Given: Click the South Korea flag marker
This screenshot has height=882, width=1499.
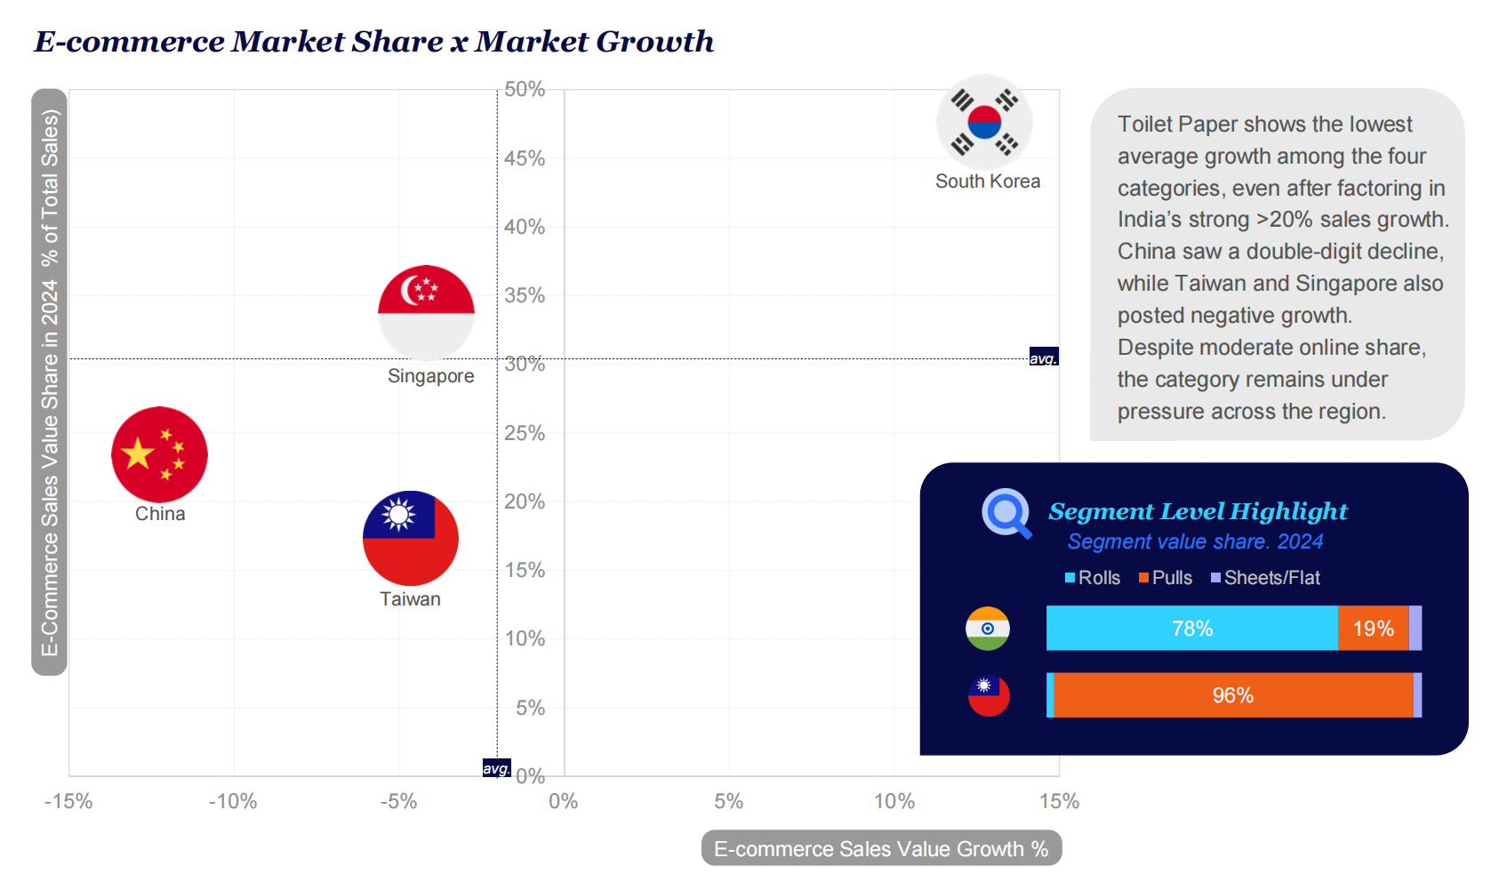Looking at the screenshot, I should click(x=984, y=122).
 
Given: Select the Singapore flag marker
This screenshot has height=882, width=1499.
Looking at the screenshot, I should click(x=426, y=312).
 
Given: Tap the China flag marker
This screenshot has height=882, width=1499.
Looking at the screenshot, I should click(x=159, y=454).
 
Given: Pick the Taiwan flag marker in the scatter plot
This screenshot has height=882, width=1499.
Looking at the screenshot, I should click(x=411, y=538).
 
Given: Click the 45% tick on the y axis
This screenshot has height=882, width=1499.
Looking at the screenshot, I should click(x=525, y=158).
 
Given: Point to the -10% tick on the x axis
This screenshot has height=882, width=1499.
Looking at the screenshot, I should click(x=233, y=801).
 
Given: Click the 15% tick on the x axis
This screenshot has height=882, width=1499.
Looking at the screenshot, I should click(x=1059, y=801).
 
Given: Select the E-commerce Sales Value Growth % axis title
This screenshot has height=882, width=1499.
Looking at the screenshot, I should click(x=881, y=849).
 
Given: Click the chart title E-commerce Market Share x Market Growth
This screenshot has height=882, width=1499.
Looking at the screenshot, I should click(x=373, y=41).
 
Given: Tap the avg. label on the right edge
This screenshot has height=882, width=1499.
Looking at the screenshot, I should click(x=1044, y=357).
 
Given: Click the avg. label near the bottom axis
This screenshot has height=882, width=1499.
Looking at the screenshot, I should click(x=496, y=768).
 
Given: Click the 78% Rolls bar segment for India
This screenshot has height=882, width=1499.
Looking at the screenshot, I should click(x=1191, y=629).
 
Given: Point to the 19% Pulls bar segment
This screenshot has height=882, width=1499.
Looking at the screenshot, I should click(x=1373, y=629).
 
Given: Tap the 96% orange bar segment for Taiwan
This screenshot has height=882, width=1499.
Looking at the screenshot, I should click(x=1233, y=695).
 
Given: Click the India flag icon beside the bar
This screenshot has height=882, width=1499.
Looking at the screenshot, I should click(x=988, y=629).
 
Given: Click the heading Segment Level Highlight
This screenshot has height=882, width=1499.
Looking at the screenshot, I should click(x=1198, y=511).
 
